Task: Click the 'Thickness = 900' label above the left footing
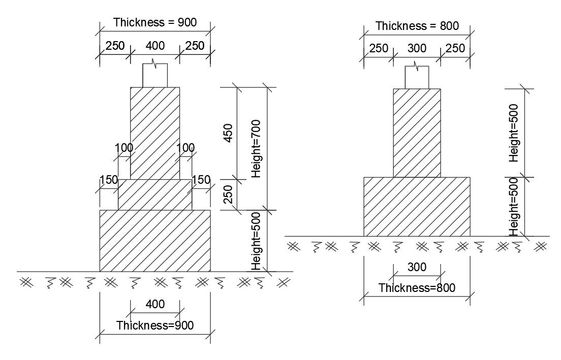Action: pos(154,22)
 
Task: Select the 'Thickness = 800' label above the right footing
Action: pos(417,26)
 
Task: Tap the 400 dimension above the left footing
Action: pos(155,46)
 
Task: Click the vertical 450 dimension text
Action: pos(228,133)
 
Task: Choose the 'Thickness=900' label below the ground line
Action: pos(155,325)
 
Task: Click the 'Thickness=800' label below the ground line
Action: pos(417,288)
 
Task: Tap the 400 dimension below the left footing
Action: pos(155,304)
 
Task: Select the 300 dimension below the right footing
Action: pos(417,267)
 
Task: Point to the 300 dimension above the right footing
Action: pos(417,49)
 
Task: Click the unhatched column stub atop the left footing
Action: pos(155,76)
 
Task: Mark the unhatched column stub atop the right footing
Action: pos(417,77)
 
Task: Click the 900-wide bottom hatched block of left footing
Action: pos(155,241)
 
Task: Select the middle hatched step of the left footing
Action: pos(155,194)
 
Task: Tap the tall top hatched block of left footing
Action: pos(155,133)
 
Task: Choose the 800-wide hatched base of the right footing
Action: pos(417,206)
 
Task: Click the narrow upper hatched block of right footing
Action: pos(417,133)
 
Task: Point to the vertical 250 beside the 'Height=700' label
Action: pos(228,194)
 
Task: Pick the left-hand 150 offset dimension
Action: pos(109,179)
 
